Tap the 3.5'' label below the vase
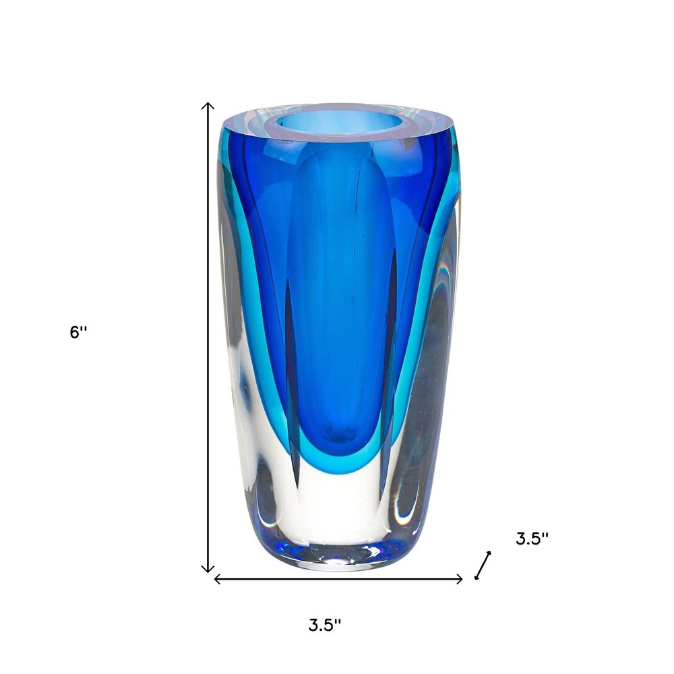point(325,625)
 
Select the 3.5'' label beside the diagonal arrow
point(532,539)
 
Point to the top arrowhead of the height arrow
point(209,105)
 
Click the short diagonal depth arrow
point(483,565)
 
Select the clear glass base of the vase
point(337,519)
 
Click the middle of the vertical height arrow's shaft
point(209,337)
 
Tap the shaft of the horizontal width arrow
point(337,578)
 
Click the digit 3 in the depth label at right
point(521,539)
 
